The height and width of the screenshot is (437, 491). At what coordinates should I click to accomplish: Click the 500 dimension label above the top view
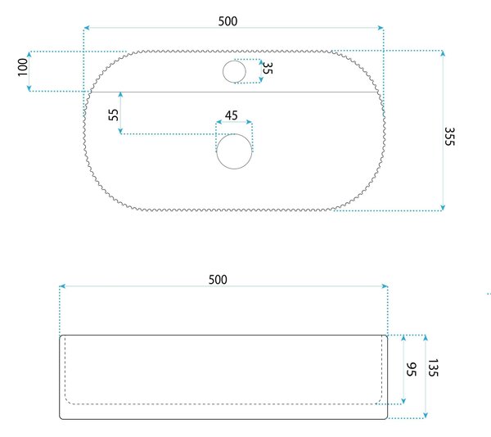(x=227, y=21)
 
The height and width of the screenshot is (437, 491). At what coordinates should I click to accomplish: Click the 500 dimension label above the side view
(x=218, y=280)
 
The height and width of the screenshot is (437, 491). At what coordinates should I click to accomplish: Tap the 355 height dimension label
(x=449, y=137)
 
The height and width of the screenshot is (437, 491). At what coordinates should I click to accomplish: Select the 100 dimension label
(x=23, y=67)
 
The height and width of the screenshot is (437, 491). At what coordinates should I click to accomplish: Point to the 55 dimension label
(x=114, y=115)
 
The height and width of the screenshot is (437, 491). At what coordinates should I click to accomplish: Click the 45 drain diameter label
(x=231, y=115)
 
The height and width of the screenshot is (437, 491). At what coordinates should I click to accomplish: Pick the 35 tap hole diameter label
(x=268, y=68)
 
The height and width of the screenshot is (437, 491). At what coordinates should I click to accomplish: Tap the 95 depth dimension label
(x=411, y=369)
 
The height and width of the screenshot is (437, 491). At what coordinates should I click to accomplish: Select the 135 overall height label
(x=433, y=367)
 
